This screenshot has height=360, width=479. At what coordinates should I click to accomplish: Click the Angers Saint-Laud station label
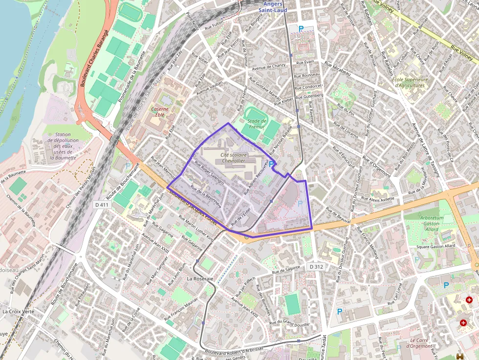[x=273, y=7]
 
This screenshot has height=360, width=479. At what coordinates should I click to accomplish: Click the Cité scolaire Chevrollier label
[x=227, y=158]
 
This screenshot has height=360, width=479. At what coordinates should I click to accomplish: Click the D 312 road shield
[x=316, y=267]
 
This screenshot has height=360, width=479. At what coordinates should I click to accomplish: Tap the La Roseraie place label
[x=200, y=278]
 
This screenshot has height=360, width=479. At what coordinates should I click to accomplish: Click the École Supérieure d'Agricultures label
[x=410, y=82]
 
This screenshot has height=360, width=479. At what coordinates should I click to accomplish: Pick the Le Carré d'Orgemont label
[x=421, y=343]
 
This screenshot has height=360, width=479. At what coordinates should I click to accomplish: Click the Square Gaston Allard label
[x=435, y=246]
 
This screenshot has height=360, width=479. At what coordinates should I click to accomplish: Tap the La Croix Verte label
[x=18, y=311]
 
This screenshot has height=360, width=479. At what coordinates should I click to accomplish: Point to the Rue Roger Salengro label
[x=209, y=173]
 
